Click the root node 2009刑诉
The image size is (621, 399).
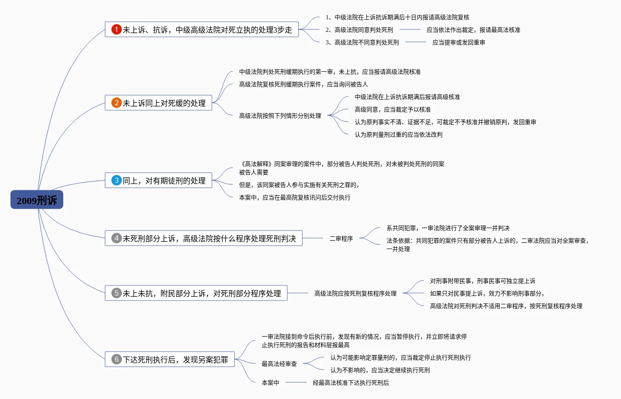pos(37,200)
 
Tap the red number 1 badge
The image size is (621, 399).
pos(116,29)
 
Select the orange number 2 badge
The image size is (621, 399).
pos(116,103)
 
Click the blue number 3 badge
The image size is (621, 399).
pos(116,180)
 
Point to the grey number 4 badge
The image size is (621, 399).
pos(116,238)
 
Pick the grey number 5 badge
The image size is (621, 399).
pos(116,293)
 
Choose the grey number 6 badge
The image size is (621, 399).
pos(116,359)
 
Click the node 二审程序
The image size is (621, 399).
pos(341,238)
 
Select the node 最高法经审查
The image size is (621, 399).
pos(279,364)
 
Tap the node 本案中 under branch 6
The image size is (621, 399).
pos(270,383)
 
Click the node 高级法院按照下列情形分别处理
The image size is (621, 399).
pos(280,116)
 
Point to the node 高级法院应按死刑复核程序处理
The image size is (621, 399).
pos(355,293)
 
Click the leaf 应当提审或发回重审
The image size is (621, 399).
pos(459,42)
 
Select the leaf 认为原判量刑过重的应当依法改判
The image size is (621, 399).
pos(398,135)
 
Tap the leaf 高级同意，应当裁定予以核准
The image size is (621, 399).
pos(392,109)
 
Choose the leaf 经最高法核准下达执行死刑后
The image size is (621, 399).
pos(350,383)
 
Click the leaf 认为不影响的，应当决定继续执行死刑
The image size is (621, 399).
pos(380,370)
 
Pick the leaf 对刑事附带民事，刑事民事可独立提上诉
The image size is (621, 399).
pos(482,281)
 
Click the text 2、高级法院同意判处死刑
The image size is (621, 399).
pos(359,30)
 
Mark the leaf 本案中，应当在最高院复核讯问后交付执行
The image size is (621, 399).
pos(294,197)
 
